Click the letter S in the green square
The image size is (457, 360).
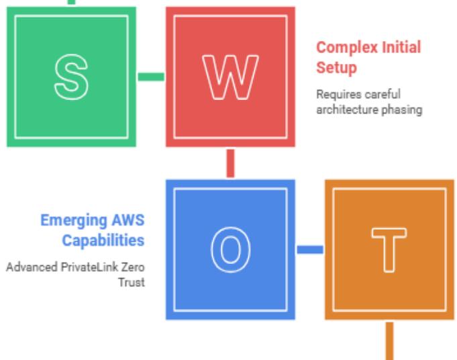pos(70,76)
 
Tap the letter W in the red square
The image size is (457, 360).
pos(230,76)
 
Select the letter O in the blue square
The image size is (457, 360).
pos(230,249)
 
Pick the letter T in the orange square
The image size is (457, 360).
pos(389,249)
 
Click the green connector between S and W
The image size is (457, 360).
pos(151,77)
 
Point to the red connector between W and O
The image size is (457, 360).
pos(230,163)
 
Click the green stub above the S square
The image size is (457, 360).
pos(71,3)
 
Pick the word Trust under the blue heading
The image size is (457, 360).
pos(134,283)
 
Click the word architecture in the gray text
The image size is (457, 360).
pos(343,110)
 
